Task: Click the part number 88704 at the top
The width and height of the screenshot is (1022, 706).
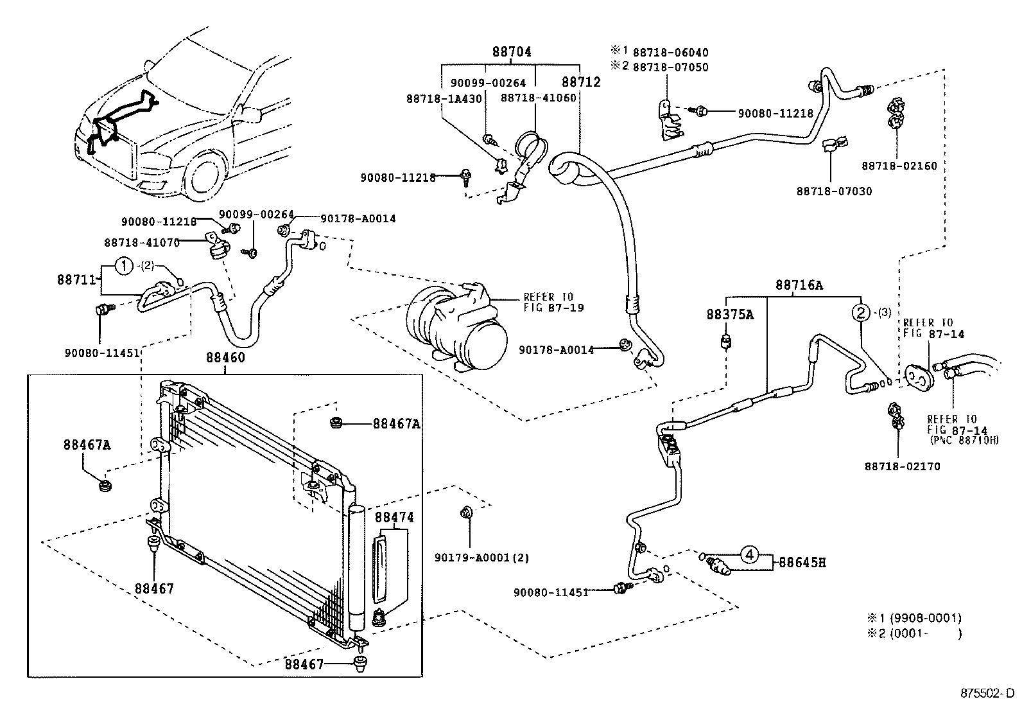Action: pos(512,53)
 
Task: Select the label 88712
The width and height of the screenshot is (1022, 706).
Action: pos(581,82)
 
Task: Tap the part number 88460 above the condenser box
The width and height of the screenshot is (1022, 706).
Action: pos(225,357)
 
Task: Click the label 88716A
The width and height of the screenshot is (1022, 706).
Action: pos(798,285)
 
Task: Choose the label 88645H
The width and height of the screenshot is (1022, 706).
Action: pos(802,563)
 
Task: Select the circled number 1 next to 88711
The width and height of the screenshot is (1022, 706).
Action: pos(123,265)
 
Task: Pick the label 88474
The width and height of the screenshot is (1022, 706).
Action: pos(394,517)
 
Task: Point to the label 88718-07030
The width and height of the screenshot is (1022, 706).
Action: pos(834,191)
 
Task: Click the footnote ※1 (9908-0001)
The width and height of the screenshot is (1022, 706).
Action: pos(914,618)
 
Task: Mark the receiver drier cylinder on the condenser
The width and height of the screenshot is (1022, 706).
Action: pos(356,565)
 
